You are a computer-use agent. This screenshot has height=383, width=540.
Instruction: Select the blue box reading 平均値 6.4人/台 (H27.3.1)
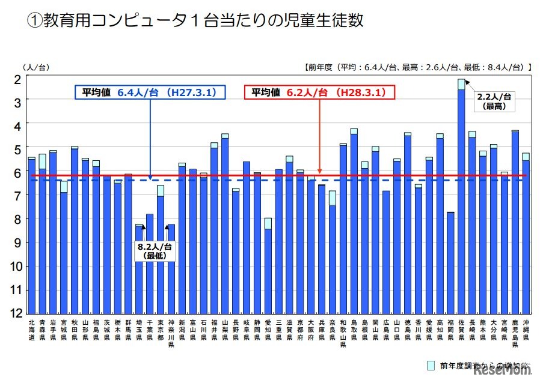coord(150,92)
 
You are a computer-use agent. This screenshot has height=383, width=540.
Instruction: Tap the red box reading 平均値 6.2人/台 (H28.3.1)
coord(319,92)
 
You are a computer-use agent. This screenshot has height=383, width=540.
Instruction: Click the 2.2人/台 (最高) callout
coord(494,101)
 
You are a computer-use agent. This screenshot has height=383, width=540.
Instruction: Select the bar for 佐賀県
coord(461,198)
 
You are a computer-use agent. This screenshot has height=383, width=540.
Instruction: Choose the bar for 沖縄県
coord(526,234)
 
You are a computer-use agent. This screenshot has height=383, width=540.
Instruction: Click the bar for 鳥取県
coord(354,222)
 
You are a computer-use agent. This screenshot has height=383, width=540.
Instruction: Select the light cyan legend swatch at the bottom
coord(431,365)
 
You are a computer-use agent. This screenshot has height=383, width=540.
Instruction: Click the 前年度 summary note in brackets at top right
coord(417,67)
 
